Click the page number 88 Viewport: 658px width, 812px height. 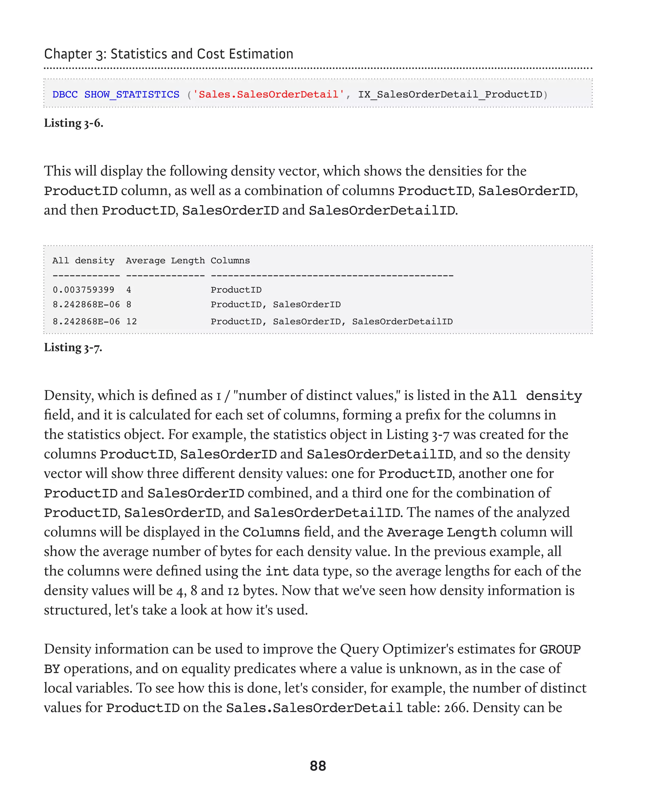coord(318,766)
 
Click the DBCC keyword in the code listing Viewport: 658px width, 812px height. coord(65,95)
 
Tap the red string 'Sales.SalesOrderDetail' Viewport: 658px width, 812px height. coord(268,95)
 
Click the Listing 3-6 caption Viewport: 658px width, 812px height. coord(74,123)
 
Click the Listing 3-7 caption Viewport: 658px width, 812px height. coord(73,347)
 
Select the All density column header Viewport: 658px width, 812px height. coord(84,261)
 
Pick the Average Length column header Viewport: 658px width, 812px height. coord(165,261)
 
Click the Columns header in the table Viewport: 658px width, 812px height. coord(230,261)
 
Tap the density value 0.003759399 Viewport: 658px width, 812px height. coord(84,290)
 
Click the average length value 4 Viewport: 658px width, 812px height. coord(129,290)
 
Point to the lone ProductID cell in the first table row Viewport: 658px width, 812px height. coord(236,290)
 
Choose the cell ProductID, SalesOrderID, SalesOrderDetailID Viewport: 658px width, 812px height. coord(332,321)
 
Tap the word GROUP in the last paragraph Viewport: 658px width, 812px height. coord(560,649)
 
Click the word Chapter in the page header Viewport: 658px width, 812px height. coord(68,54)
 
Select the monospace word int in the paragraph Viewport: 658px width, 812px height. coord(277,571)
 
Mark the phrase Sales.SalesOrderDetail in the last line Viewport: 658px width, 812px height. coord(314,708)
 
